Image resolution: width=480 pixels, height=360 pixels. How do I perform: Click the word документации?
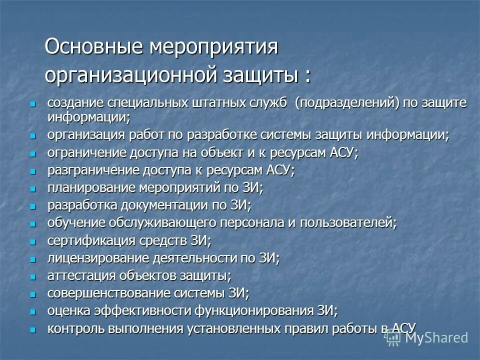point(163,205)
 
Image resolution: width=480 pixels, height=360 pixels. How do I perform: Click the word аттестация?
point(75,275)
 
